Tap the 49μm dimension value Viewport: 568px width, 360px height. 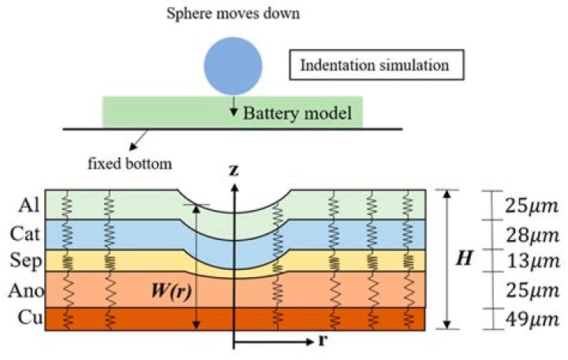tap(532, 320)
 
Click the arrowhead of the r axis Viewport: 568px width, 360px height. tap(309, 343)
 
